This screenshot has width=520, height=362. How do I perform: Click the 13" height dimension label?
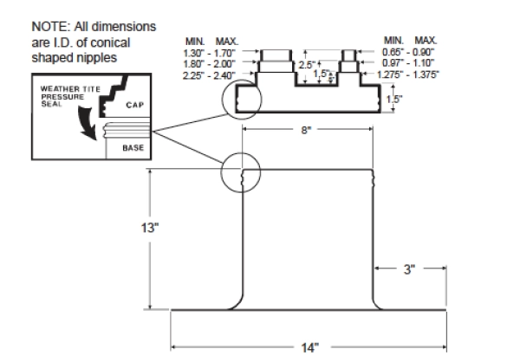coord(148,229)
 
